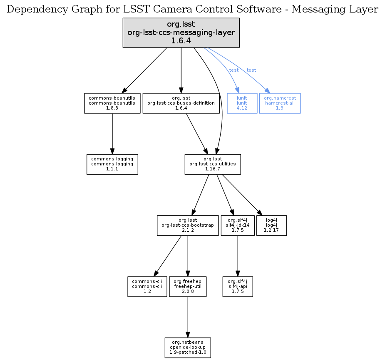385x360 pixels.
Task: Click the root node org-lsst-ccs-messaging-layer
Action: point(181,32)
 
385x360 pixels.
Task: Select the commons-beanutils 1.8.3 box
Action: point(112,103)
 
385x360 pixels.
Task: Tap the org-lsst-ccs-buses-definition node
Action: point(181,103)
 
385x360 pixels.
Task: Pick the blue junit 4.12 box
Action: point(242,103)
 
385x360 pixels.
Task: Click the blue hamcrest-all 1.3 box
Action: point(280,103)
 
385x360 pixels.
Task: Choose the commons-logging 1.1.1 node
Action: point(112,164)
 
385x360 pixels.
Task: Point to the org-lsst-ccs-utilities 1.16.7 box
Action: point(212,164)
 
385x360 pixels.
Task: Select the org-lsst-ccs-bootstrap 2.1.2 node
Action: point(188,225)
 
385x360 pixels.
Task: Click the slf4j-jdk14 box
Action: point(237,225)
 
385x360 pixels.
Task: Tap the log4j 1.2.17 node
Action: point(271,225)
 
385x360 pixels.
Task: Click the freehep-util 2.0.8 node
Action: point(188,287)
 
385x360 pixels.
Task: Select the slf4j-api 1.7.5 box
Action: point(237,287)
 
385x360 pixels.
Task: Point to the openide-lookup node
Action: point(188,348)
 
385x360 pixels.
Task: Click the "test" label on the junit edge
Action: point(234,70)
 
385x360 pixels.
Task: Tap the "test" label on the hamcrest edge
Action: point(251,70)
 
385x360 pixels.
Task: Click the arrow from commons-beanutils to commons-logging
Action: point(112,133)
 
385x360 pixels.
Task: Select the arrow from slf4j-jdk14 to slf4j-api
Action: point(237,256)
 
